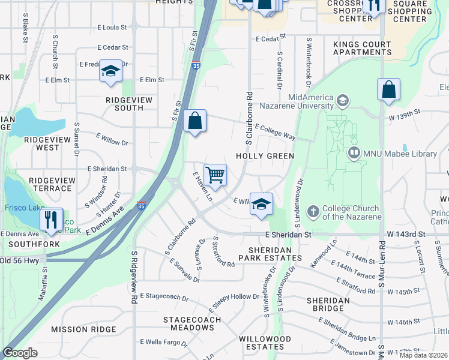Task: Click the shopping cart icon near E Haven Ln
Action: (215, 175)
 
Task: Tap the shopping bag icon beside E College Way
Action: (195, 121)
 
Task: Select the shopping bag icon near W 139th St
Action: (389, 90)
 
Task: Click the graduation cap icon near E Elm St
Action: (110, 71)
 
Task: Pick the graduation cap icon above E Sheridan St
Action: (261, 204)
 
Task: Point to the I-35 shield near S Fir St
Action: (196, 66)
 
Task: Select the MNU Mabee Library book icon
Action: (354, 154)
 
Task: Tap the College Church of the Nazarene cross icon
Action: (313, 211)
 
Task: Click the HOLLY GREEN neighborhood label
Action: (265, 156)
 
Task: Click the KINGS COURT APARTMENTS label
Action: (362, 48)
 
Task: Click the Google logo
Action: (20, 353)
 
